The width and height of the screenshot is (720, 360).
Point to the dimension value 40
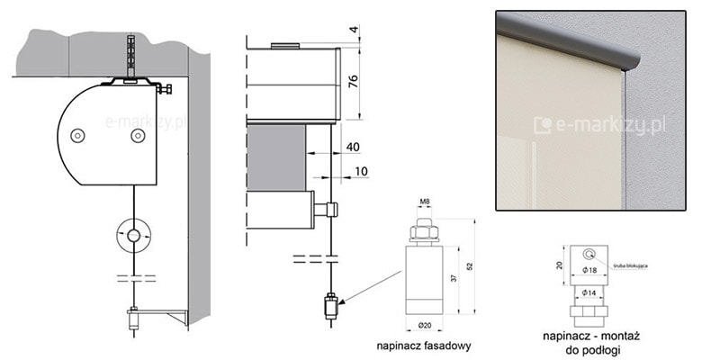[x=352, y=146]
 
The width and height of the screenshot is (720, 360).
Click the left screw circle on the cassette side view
[x=77, y=135]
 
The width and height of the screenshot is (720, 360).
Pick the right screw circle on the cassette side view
[x=137, y=135]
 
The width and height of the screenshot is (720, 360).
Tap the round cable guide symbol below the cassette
[x=133, y=235]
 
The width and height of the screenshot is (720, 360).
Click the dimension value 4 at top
[x=353, y=31]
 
